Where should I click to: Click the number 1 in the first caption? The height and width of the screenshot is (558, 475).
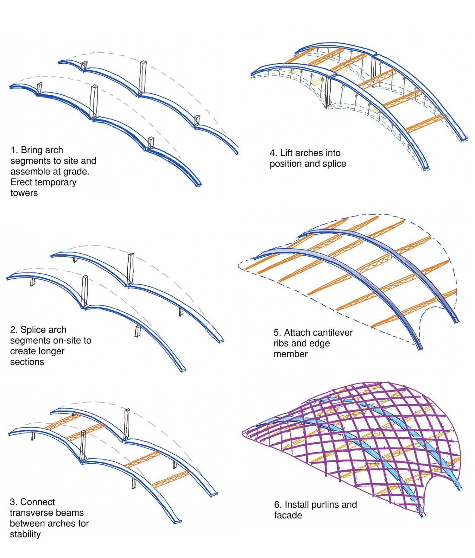pos(13,150)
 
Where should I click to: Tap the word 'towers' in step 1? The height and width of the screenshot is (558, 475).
pos(24,193)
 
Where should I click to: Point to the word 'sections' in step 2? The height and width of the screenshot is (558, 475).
pos(27,362)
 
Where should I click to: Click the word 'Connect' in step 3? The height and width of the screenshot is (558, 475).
pos(37,502)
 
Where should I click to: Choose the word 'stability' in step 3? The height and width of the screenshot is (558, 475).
pos(25,534)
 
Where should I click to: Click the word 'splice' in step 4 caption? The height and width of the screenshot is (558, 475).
pos(334,164)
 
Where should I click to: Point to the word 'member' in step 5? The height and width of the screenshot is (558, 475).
pos(291,354)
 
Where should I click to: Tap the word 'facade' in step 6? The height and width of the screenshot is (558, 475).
pos(288,515)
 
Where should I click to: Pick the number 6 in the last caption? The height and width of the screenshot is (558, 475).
pos(277,504)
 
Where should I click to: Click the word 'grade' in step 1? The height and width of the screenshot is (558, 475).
pos(75,172)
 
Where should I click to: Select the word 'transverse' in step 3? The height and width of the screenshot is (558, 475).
pos(47,513)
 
